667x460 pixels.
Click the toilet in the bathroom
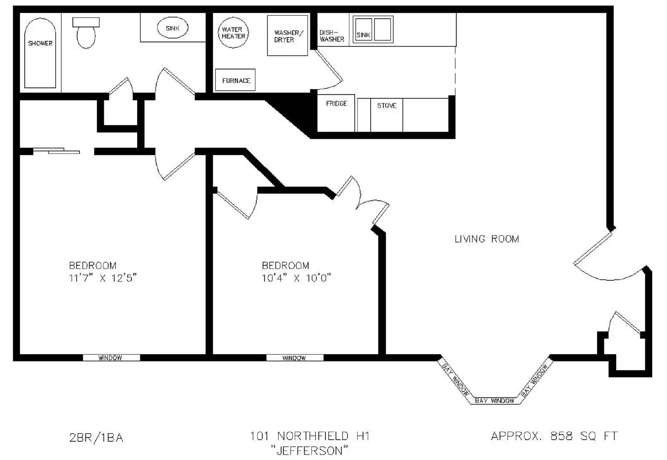coord(86,33)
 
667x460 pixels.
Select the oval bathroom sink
coord(172,28)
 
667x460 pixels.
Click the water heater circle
coord(233,33)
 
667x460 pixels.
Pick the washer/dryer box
coord(287,36)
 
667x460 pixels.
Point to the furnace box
coord(236,80)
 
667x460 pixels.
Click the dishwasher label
coord(332,36)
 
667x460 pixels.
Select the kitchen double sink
coord(373,30)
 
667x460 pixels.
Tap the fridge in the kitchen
coord(336,113)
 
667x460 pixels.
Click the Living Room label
coord(486,239)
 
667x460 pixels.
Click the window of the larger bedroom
coord(111,358)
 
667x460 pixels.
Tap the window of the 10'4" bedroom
coord(294,358)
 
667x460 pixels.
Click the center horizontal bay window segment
coord(495,401)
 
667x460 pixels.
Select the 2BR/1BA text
coord(96,437)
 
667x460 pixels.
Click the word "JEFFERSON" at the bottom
coord(309,450)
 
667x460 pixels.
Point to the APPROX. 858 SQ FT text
coord(554,436)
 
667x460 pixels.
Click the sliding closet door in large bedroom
coord(57,151)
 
